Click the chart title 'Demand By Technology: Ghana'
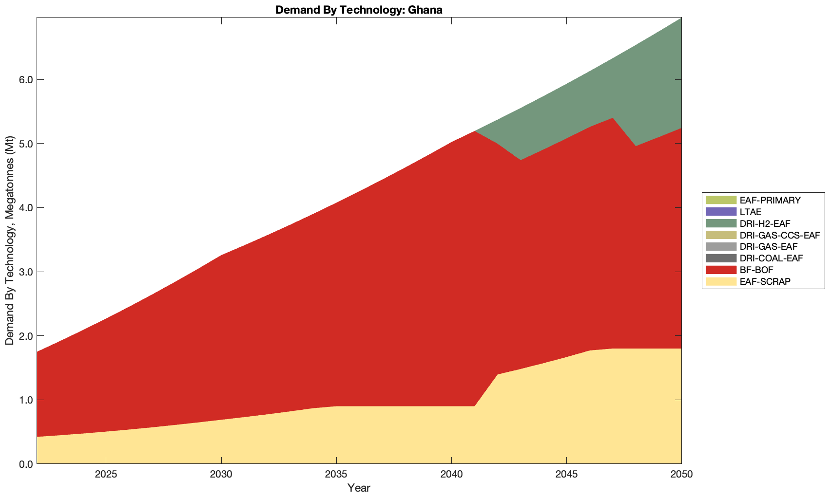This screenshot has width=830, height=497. (359, 9)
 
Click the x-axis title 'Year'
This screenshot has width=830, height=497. (359, 488)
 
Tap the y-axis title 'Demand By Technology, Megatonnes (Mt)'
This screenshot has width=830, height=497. (9, 240)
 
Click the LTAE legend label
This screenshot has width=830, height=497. (750, 212)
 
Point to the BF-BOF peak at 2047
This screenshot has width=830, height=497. (612, 118)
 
